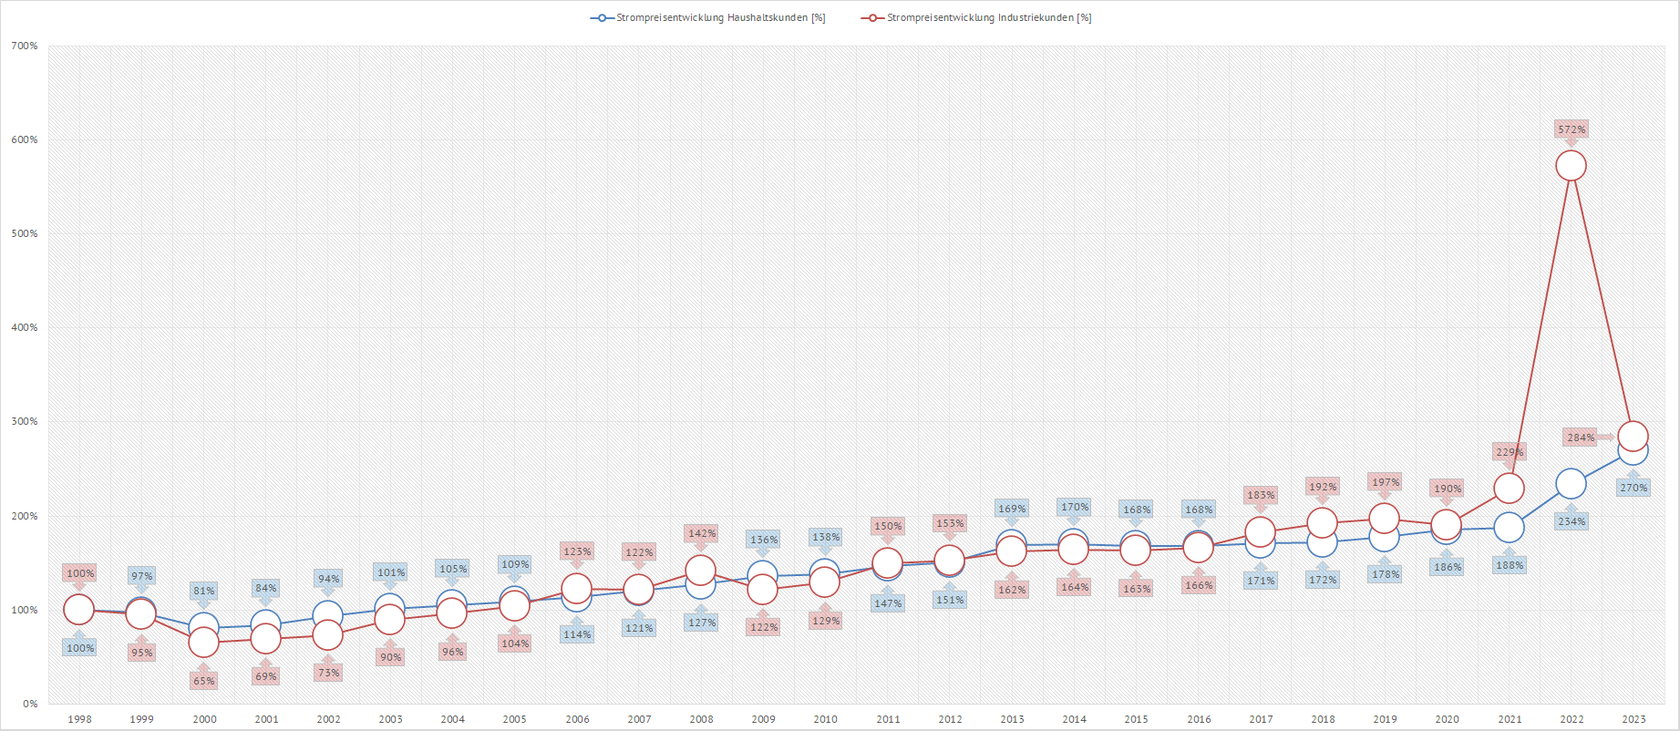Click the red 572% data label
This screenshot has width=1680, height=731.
click(x=1572, y=129)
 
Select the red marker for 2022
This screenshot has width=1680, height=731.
click(x=1571, y=166)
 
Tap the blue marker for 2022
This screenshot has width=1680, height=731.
click(x=1571, y=484)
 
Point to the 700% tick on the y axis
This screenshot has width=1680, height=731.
click(x=25, y=46)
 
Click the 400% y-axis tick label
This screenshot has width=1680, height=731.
click(x=25, y=328)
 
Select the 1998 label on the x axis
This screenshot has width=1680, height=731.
click(x=79, y=719)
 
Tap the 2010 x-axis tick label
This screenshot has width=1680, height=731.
click(x=825, y=719)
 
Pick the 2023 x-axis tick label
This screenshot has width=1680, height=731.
click(x=1634, y=719)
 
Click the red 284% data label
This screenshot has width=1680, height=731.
click(x=1581, y=438)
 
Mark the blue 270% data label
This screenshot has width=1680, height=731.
click(x=1634, y=488)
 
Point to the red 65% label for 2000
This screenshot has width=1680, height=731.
click(x=204, y=681)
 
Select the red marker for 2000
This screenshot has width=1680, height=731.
click(x=203, y=643)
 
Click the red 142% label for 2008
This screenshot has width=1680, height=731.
click(x=701, y=533)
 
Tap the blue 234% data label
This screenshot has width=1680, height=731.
click(x=1572, y=521)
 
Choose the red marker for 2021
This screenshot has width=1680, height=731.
click(x=1509, y=489)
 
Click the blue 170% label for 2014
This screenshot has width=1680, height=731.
click(x=1074, y=507)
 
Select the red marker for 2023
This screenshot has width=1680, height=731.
click(x=1633, y=437)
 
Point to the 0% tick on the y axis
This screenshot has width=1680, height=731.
click(x=30, y=704)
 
